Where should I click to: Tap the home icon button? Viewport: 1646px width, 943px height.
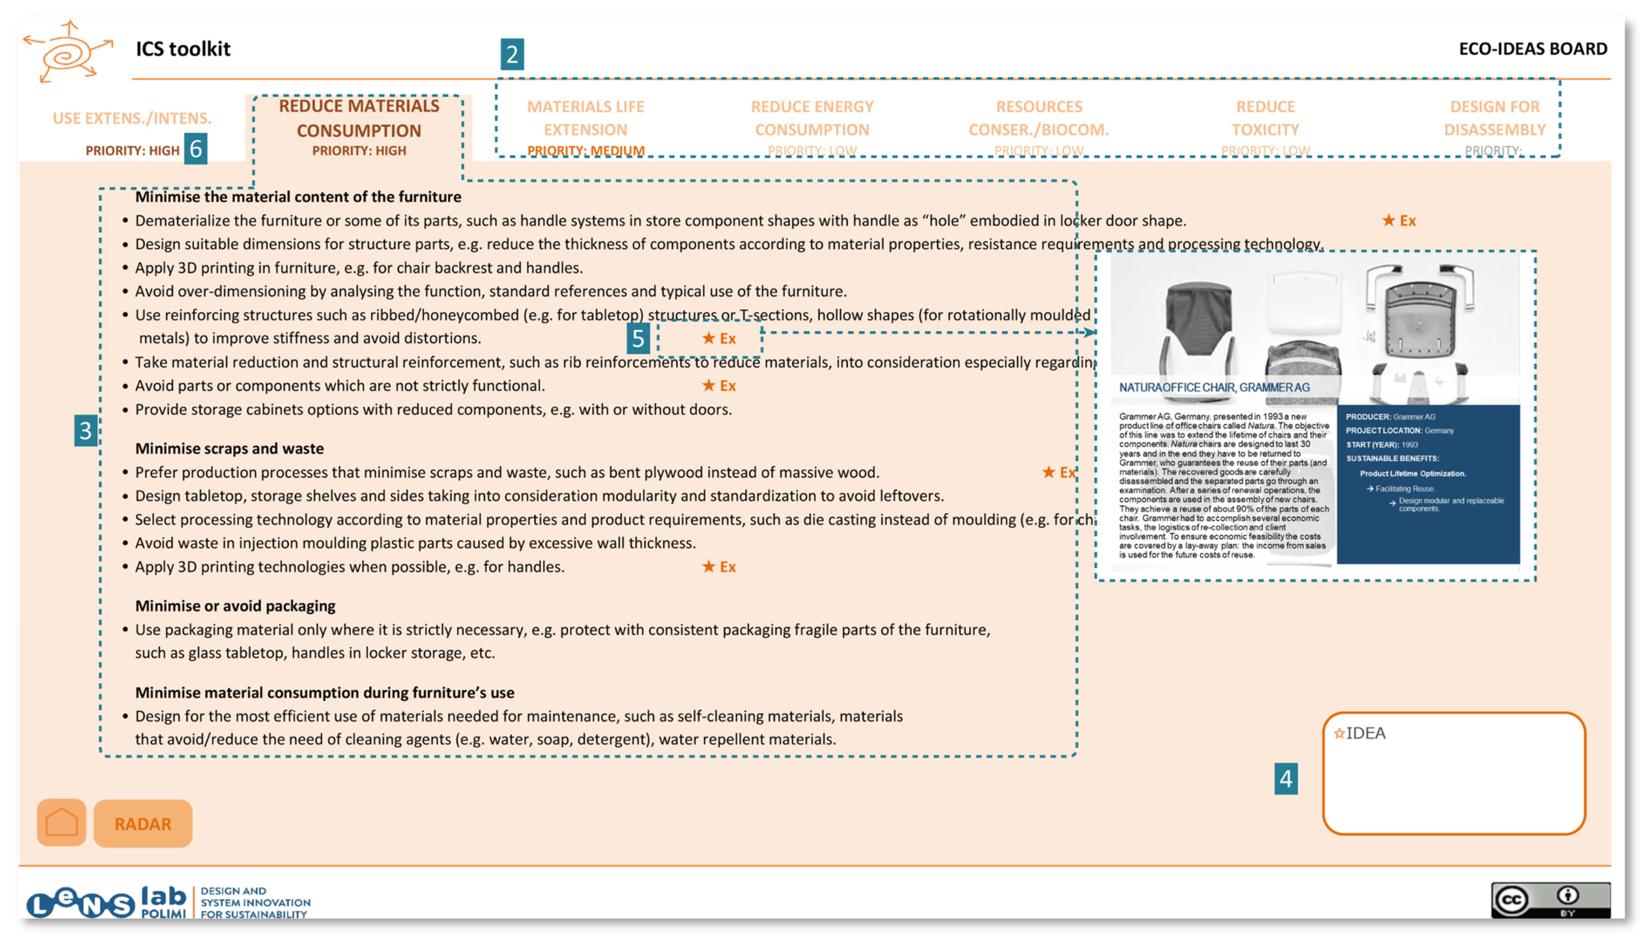coord(62,823)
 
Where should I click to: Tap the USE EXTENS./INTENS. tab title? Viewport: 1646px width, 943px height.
coord(132,118)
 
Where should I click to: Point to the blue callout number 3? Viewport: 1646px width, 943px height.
coord(85,430)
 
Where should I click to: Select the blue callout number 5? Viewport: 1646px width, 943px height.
coord(638,338)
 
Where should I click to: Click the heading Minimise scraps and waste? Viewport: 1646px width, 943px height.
coord(230,448)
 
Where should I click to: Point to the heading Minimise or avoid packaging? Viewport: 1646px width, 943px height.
coord(235,606)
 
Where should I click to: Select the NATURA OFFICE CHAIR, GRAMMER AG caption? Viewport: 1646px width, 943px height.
coord(1214,387)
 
